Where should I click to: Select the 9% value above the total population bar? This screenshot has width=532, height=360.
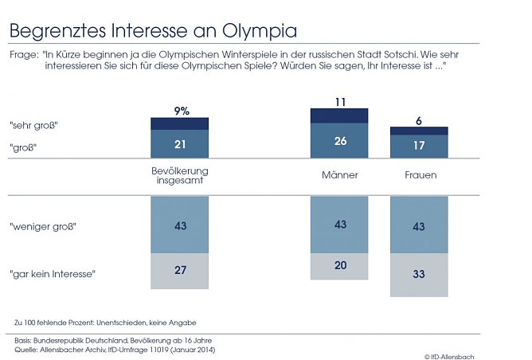180,111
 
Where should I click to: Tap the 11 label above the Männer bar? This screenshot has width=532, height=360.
339,102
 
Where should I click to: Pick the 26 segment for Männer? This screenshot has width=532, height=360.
339,140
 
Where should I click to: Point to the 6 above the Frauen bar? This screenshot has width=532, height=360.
419,119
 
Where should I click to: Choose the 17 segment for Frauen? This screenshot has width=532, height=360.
419,146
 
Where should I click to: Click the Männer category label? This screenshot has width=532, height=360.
339,174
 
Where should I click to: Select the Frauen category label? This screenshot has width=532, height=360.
419,174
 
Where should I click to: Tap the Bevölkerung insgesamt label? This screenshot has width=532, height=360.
180,177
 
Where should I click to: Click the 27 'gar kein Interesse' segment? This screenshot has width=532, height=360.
180,271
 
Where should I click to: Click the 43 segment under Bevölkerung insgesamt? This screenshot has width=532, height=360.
180,226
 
